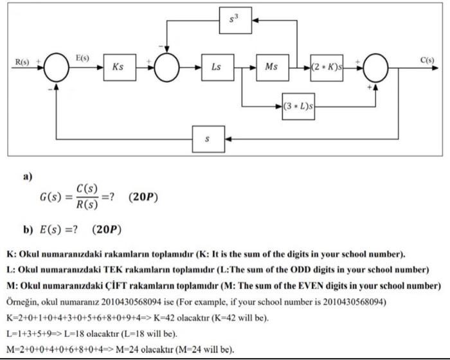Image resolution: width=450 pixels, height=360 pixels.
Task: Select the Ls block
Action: (x=217, y=67)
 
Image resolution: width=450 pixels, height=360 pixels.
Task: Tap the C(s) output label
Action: (x=428, y=60)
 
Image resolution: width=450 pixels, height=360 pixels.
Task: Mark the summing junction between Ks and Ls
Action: (x=170, y=67)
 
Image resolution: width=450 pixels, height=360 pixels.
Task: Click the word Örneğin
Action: (x=22, y=301)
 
